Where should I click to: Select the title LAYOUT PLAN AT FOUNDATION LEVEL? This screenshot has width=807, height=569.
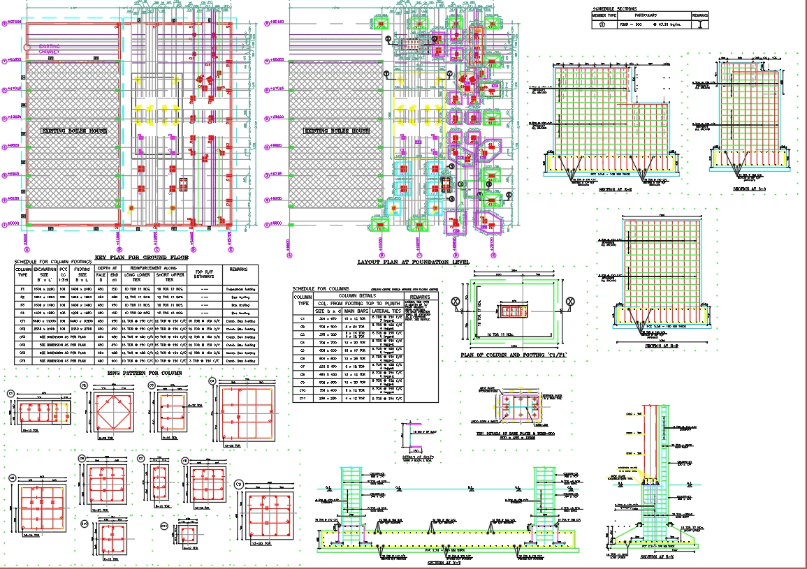pos(413,263)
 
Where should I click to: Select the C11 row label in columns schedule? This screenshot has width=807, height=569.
pos(303,398)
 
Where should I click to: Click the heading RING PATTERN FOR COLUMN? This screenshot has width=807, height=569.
pos(144,373)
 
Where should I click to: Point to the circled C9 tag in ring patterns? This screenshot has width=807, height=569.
pos(238,483)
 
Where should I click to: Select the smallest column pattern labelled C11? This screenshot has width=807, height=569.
pos(188,535)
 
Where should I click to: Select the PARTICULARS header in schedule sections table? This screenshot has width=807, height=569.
pos(646,14)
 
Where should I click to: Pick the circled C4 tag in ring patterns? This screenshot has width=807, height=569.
pos(213,380)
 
